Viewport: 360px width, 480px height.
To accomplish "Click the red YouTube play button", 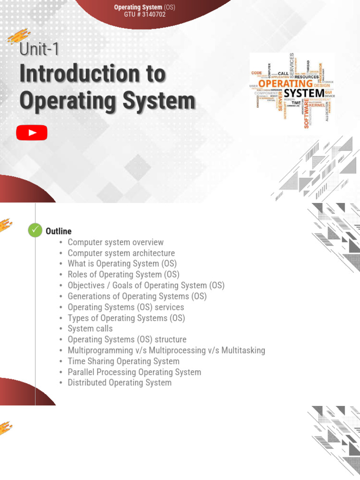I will pyautogui.click(x=32, y=133).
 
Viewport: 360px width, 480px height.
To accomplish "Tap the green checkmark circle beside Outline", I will pyautogui.click(x=35, y=230).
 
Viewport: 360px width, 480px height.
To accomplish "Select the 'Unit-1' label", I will pyautogui.click(x=39, y=49).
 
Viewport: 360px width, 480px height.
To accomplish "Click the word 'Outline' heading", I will pyautogui.click(x=59, y=231).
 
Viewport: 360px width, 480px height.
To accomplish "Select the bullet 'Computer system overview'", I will pyautogui.click(x=115, y=242).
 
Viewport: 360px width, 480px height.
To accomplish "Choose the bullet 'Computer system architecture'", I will pyautogui.click(x=121, y=253).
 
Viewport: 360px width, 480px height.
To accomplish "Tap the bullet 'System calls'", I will pyautogui.click(x=90, y=329).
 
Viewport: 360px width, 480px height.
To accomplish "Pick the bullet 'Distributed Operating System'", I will pyautogui.click(x=120, y=382).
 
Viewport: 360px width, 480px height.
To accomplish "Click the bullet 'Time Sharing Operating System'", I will pyautogui.click(x=123, y=361).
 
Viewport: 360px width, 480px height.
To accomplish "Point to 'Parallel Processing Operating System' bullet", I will pyautogui.click(x=134, y=372).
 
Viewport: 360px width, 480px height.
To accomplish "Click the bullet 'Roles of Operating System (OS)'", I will pyautogui.click(x=123, y=275).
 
